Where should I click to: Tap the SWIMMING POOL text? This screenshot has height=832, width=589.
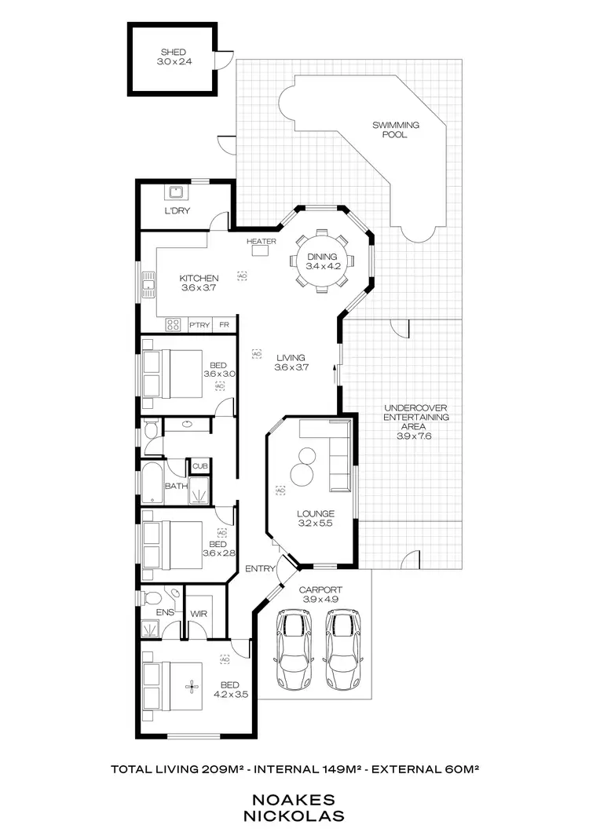click(x=395, y=130)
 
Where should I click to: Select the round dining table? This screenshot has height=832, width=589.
click(x=321, y=261)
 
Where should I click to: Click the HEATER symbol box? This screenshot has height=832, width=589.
click(x=261, y=251)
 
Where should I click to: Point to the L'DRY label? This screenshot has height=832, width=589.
click(x=177, y=212)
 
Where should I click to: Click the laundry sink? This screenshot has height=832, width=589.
click(x=175, y=192)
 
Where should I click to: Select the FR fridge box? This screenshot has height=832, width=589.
click(x=224, y=324)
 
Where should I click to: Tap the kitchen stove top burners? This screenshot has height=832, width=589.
click(x=174, y=324)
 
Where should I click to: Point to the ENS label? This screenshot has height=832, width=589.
click(x=164, y=611)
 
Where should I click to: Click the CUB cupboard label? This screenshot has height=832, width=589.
click(x=199, y=466)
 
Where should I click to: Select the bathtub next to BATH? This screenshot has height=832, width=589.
click(x=151, y=482)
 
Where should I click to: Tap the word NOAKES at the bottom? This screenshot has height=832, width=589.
click(x=298, y=799)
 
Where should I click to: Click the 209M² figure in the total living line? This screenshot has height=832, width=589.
click(x=221, y=769)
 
